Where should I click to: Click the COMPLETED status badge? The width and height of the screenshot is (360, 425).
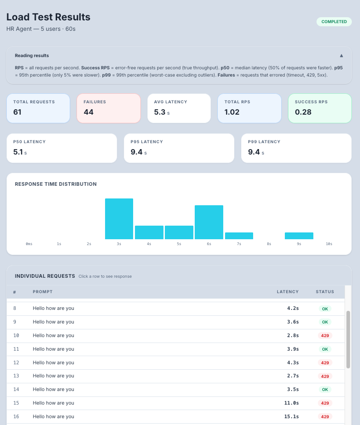[334, 22]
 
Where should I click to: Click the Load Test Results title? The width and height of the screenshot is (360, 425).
[48, 17]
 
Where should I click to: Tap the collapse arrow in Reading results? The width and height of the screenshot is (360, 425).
[341, 56]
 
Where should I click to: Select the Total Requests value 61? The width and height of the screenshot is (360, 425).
[18, 112]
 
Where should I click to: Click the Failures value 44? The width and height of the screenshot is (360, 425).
[88, 112]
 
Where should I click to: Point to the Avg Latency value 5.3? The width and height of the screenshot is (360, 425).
[159, 112]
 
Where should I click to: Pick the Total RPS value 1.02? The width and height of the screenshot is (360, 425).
[232, 112]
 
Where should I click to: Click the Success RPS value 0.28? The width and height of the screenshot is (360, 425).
[303, 112]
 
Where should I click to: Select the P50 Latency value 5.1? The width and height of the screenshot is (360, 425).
[18, 152]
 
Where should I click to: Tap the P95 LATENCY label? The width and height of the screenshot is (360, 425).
[147, 142]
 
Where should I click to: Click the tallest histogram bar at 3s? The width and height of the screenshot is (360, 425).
[119, 219]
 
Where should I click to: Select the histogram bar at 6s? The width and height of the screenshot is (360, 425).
[209, 222]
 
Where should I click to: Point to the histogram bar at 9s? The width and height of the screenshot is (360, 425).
[299, 236]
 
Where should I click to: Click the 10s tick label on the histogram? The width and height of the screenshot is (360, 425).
[329, 244]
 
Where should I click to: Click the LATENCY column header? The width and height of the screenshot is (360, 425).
[288, 292]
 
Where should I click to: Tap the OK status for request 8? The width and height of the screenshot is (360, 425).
[324, 309]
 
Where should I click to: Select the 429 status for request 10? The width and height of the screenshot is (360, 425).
[324, 336]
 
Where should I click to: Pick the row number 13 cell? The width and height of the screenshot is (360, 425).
[16, 376]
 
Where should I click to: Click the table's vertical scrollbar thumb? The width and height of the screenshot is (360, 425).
[348, 339]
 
